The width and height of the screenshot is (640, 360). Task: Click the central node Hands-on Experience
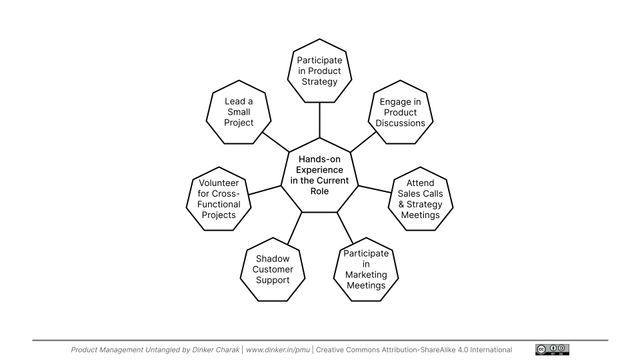click(x=319, y=175)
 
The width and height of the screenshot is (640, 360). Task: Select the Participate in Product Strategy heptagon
click(x=319, y=71)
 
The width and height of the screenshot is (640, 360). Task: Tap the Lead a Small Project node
click(x=239, y=112)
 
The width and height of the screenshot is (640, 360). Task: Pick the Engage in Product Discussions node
click(x=400, y=113)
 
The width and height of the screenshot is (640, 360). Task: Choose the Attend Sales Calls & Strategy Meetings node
click(x=420, y=199)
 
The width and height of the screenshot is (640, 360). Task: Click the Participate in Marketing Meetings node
click(x=366, y=270)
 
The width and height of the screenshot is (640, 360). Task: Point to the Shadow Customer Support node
click(x=273, y=269)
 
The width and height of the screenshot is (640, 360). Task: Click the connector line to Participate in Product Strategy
click(x=319, y=120)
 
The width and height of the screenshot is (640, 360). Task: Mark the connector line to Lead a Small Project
click(x=275, y=141)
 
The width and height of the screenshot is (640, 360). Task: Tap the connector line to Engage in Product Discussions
click(x=364, y=141)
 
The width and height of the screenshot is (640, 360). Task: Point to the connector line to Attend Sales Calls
click(x=375, y=189)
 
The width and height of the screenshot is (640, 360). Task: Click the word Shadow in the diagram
click(x=273, y=259)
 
